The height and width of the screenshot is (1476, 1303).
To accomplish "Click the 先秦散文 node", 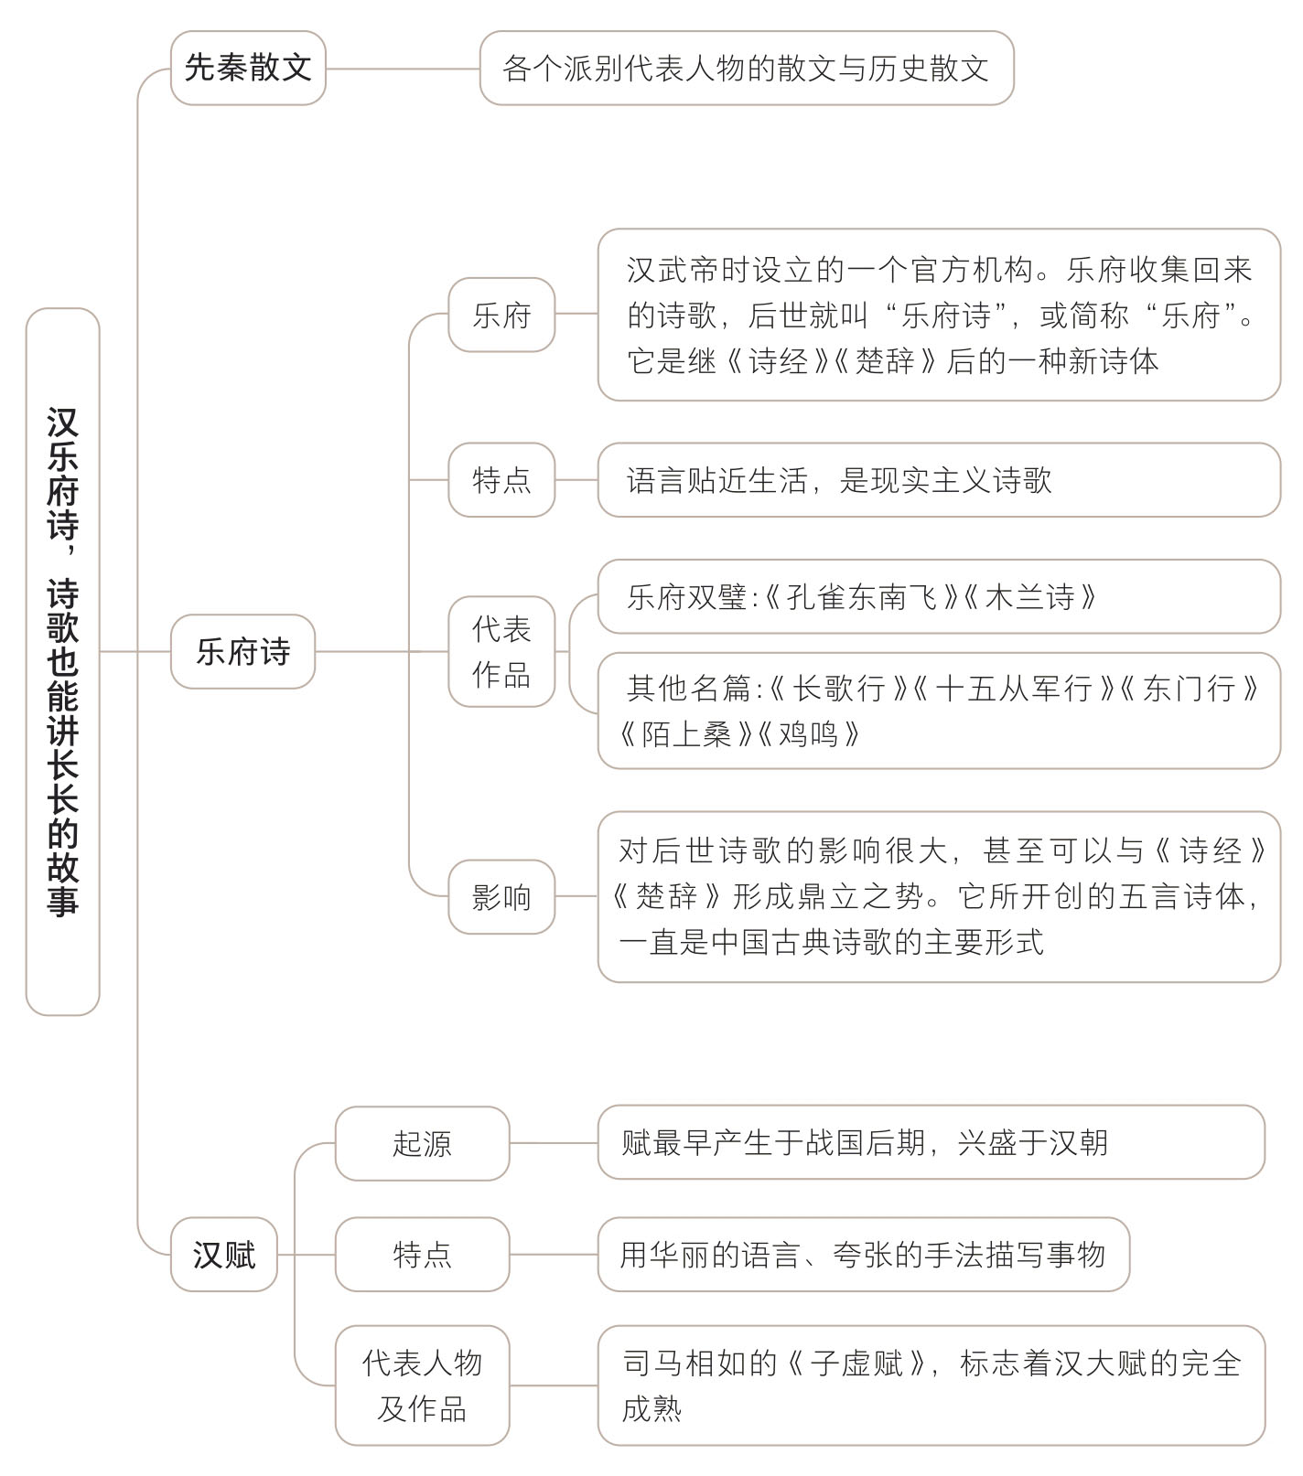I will point(248,68).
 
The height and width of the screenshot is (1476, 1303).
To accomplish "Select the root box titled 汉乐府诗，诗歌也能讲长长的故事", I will point(62,661).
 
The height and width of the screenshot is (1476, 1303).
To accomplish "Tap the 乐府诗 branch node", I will point(242,651).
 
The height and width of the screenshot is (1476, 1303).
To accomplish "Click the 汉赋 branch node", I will point(224,1254).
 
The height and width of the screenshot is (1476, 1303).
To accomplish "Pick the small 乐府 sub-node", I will point(501,315).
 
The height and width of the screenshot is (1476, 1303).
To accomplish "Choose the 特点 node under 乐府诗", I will point(501,479).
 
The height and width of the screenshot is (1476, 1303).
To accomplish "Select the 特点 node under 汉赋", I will point(422,1254).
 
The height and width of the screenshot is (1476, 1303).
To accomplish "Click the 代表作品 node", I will point(501,651).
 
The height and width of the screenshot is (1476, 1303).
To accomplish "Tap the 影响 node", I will point(501,896).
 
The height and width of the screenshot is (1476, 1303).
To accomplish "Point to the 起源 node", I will point(422,1143).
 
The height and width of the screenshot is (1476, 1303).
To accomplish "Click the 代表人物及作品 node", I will point(422,1385).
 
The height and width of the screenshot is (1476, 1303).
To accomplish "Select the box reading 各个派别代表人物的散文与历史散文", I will point(747,68).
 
